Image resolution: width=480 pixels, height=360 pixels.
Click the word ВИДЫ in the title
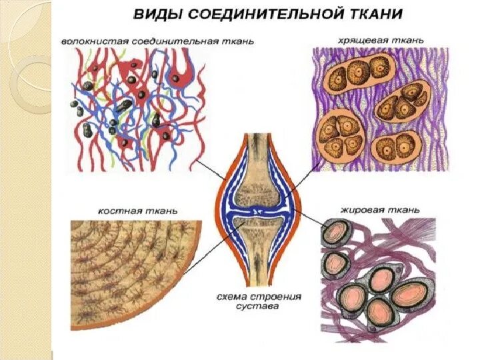coord(155,13)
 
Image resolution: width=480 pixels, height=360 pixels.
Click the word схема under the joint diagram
coord(231,297)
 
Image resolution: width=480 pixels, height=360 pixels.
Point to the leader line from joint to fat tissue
coord(303,223)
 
